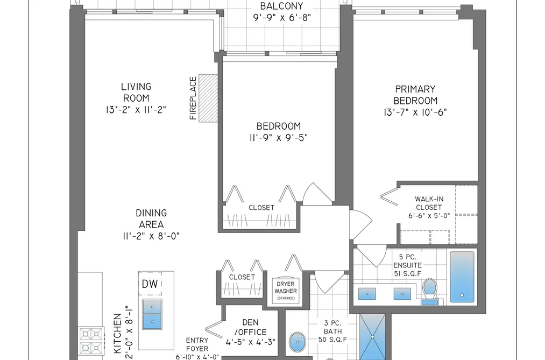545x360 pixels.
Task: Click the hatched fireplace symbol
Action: click(208, 98)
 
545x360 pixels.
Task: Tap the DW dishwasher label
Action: click(150, 284)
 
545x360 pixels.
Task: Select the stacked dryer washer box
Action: click(286, 291)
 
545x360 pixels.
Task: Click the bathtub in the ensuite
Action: click(462, 277)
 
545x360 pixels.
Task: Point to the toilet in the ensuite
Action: click(430, 291)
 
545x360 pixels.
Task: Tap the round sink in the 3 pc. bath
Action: click(298, 342)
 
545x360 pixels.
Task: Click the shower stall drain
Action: click(372, 337)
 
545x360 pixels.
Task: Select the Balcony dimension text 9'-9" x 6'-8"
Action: click(282, 17)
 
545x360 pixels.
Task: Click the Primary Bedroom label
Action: click(415, 95)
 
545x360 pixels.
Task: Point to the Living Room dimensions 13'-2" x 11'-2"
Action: click(136, 110)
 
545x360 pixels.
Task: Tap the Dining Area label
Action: click(151, 218)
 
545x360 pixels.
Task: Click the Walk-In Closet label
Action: click(429, 203)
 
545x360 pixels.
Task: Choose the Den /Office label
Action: click(250, 327)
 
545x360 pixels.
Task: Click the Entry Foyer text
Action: click(197, 344)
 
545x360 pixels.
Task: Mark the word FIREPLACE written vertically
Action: click(193, 98)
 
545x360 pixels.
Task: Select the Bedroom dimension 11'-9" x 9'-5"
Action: click(278, 138)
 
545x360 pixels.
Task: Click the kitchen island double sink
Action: click(152, 314)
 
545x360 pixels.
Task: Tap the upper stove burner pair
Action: click(91, 334)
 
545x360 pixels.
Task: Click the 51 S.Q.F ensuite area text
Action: click(408, 274)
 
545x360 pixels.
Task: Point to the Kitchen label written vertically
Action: click(118, 334)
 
